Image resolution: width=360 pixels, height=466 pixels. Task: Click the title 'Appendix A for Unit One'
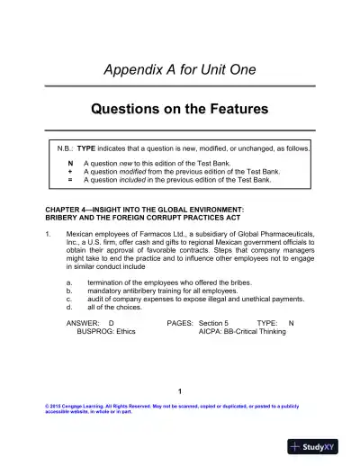coord(180,70)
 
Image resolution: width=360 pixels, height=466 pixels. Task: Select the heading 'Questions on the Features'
coord(180,110)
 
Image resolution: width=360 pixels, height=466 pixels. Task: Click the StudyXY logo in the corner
coord(319,446)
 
